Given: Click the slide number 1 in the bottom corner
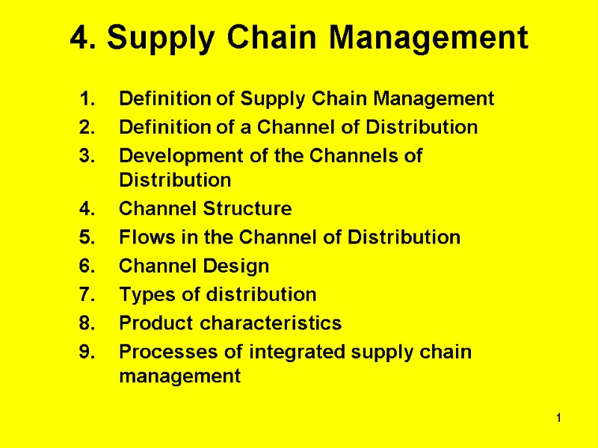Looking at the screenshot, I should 558,425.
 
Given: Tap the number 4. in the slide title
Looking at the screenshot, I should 80,37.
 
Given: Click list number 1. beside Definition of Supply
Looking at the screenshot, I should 88,99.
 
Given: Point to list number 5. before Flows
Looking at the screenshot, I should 88,237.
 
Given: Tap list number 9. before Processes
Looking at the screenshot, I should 88,352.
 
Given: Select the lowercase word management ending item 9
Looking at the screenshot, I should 179,376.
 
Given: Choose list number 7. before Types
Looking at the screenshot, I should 88,294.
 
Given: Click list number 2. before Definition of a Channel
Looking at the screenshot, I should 88,128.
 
